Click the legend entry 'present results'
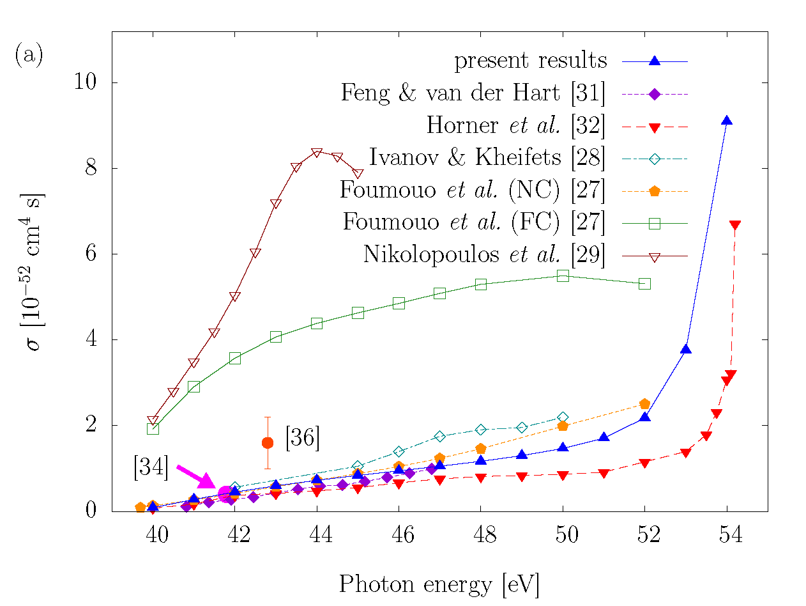[x=531, y=61]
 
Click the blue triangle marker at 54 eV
[x=726, y=120]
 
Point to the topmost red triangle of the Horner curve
[x=734, y=225]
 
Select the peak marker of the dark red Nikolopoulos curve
[x=317, y=152]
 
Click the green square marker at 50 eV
[x=563, y=276]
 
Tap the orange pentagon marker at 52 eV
[x=644, y=403]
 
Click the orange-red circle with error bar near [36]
[x=268, y=442]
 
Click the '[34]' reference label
[x=151, y=469]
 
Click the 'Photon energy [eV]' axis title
[x=439, y=584]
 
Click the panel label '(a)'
[x=29, y=56]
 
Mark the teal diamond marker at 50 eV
[x=563, y=417]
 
